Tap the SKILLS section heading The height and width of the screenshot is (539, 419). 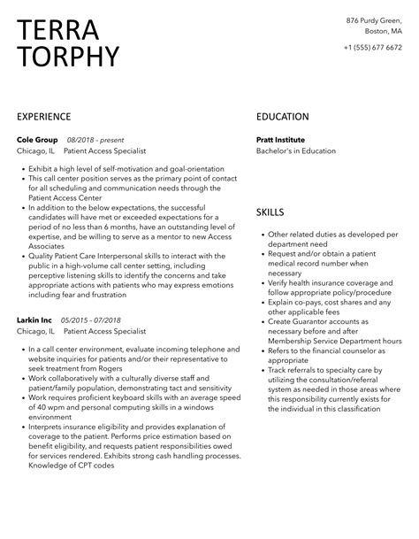[270, 212]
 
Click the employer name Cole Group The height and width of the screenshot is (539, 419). [36, 140]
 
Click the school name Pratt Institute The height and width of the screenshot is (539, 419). [280, 140]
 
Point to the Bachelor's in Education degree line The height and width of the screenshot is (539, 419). [296, 151]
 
